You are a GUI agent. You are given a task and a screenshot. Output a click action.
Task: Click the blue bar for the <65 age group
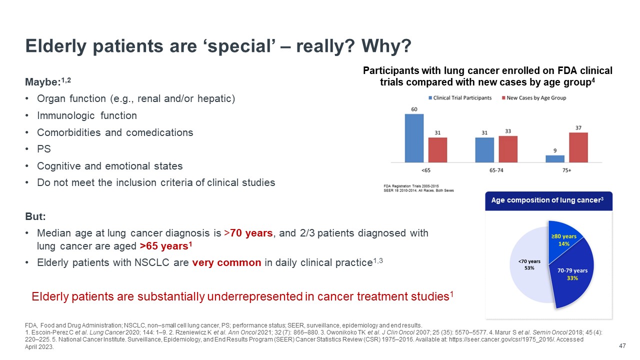coord(414,138)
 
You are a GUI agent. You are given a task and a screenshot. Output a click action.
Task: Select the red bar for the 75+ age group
coord(578,147)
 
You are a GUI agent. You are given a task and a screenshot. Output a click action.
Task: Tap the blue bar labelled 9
coord(555,158)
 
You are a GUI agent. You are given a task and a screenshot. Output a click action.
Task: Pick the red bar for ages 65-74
coord(508,149)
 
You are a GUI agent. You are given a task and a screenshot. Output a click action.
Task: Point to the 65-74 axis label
coord(496,170)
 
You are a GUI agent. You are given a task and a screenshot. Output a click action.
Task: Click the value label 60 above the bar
coord(414,109)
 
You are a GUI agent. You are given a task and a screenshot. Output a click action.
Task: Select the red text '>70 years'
coord(250,233)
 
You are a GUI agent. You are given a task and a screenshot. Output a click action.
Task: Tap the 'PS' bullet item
coord(44,149)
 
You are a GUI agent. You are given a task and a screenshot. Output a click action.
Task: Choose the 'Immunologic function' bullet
coord(87,115)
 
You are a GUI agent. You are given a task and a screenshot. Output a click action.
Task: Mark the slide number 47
coord(622,346)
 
